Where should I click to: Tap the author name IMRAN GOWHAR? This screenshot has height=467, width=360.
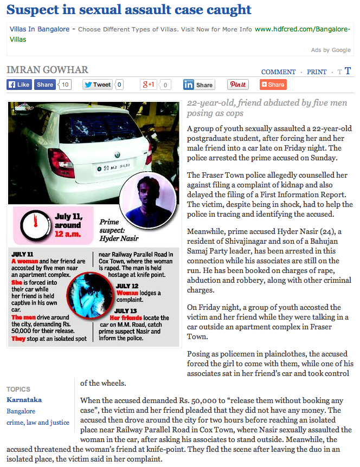coord(47,70)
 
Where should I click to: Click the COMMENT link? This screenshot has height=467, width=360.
coord(278,72)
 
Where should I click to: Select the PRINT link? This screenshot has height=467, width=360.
coord(317,72)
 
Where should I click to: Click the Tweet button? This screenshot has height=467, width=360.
coord(97,85)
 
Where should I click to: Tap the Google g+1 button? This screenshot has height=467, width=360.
coord(149,85)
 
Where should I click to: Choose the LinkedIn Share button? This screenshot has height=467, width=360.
coord(198,85)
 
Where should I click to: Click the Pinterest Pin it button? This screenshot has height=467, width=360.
coord(237,85)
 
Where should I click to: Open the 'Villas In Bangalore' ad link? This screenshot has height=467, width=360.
coord(40,29)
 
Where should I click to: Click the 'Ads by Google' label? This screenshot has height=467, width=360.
coord(331,50)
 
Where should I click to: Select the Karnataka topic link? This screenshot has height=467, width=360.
coord(24,400)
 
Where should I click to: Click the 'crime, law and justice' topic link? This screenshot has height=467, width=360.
coord(38,423)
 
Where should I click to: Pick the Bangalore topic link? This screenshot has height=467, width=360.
coord(21,411)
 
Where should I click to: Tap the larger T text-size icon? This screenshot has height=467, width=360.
coord(348,71)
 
